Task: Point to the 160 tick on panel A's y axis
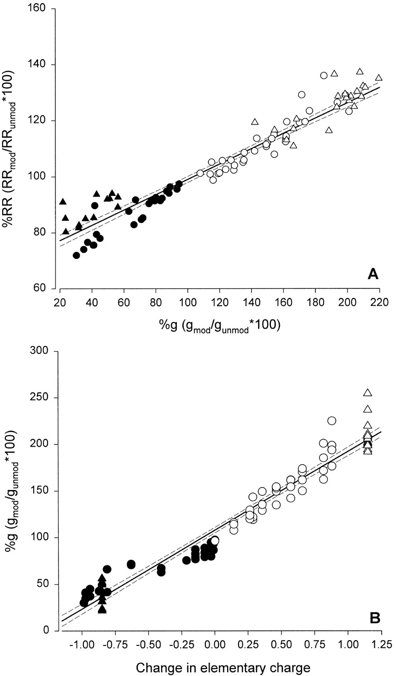(x=38, y=10)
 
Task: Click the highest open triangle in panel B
(x=368, y=392)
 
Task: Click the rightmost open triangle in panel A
(x=379, y=78)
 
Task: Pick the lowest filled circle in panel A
(x=77, y=255)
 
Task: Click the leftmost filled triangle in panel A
(x=63, y=202)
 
